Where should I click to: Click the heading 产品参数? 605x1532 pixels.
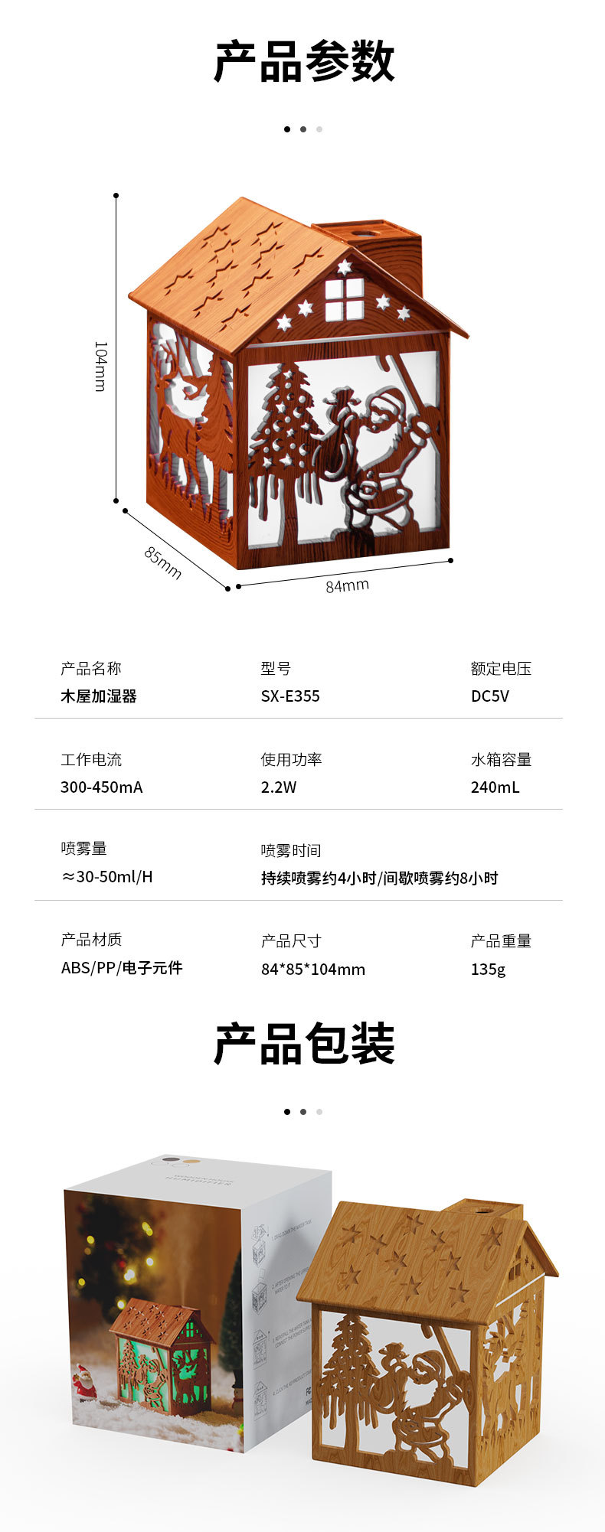[304, 63]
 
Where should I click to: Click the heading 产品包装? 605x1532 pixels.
[304, 1044]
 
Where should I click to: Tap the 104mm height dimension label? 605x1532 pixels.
[100, 367]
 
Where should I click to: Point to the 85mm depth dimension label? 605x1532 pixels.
[163, 562]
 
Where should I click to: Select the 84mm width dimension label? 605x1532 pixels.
[347, 585]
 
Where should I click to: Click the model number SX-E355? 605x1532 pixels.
[290, 696]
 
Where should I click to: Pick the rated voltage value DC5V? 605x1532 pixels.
[489, 696]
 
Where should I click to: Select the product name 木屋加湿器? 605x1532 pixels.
[99, 696]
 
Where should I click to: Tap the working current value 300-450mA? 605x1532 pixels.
[102, 787]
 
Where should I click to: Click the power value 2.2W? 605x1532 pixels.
[278, 787]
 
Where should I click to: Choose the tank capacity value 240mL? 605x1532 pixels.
[495, 787]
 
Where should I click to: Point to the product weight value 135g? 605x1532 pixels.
[488, 970]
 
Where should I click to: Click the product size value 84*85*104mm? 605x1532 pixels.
[313, 970]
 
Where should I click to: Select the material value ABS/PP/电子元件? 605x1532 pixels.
[122, 968]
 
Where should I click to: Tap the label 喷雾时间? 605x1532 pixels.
[291, 850]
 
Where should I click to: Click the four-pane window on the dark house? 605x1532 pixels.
[344, 299]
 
